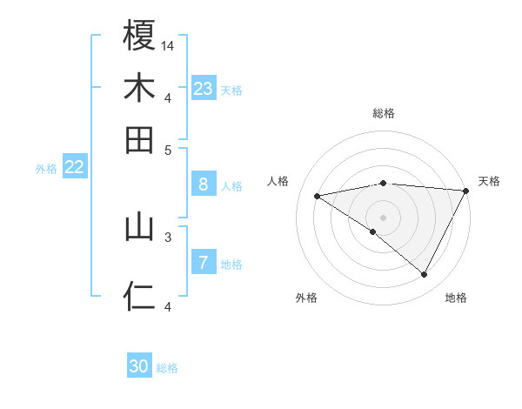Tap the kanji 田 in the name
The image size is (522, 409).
tap(139, 139)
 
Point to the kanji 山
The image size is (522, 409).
tap(139, 227)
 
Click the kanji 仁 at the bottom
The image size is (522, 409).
tap(139, 297)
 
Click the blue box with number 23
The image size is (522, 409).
tap(204, 89)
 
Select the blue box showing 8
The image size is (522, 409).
tap(204, 184)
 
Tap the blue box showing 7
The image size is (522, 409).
tap(204, 263)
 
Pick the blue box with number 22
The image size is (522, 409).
tap(74, 168)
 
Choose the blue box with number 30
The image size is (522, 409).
tap(139, 366)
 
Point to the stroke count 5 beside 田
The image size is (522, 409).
tap(168, 150)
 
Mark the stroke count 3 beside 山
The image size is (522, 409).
tap(168, 236)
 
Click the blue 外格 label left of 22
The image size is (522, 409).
tap(46, 169)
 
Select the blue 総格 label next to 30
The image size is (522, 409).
tap(167, 368)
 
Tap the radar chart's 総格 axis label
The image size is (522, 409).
tap(383, 113)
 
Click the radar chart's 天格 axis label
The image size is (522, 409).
tap(489, 181)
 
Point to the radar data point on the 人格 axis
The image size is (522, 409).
tap(318, 196)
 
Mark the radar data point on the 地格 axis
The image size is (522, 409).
tap(425, 275)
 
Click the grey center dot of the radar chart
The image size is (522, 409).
tap(383, 217)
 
